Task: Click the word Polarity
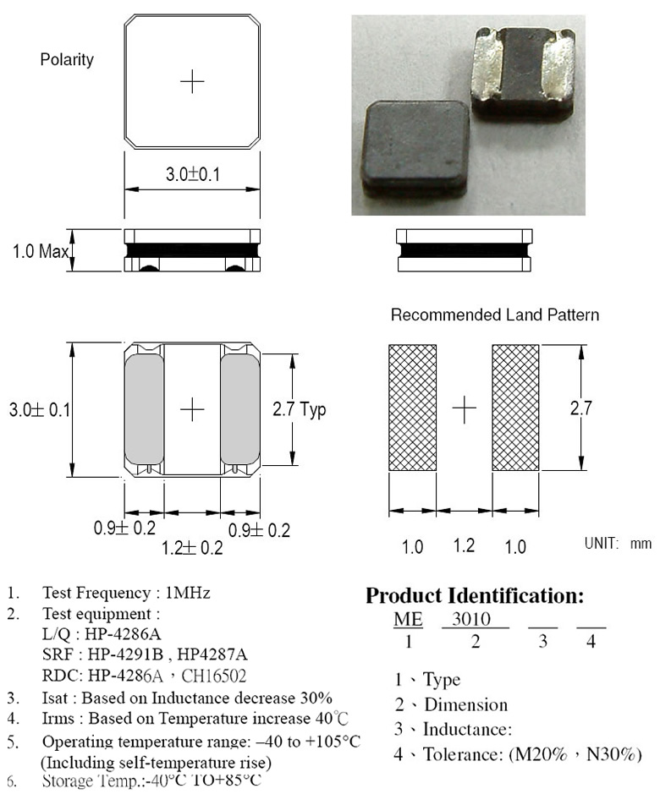pyautogui.click(x=67, y=60)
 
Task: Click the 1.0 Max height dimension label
pyautogui.click(x=41, y=250)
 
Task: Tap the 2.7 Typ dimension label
pyautogui.click(x=299, y=409)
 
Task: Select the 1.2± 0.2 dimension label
pyautogui.click(x=192, y=547)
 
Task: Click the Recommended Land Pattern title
pyautogui.click(x=495, y=315)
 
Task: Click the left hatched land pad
pyautogui.click(x=412, y=408)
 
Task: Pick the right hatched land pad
pyautogui.click(x=515, y=408)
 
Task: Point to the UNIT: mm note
pyautogui.click(x=618, y=544)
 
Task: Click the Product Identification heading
pyautogui.click(x=475, y=595)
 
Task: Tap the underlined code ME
pyautogui.click(x=408, y=619)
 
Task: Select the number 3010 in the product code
pyautogui.click(x=471, y=619)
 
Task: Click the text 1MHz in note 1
pyautogui.click(x=188, y=593)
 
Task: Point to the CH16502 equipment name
pyautogui.click(x=214, y=676)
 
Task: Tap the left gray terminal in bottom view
pyautogui.click(x=144, y=409)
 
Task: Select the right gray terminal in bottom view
pyautogui.click(x=240, y=409)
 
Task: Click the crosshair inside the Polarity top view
pyautogui.click(x=192, y=81)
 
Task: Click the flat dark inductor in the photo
pyautogui.click(x=415, y=147)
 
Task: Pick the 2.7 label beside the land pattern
pyautogui.click(x=581, y=408)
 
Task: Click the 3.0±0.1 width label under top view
pyautogui.click(x=193, y=175)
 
